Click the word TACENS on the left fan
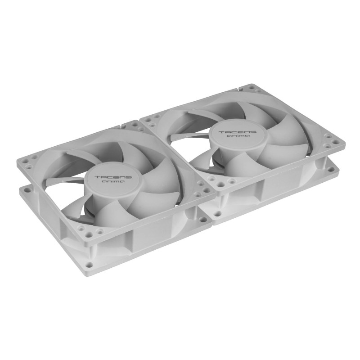(x=113, y=177)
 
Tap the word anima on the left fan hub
(x=113, y=182)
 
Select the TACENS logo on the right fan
(x=238, y=132)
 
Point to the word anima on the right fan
(x=238, y=136)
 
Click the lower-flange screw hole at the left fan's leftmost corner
(x=27, y=190)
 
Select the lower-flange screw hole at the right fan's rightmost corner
(x=331, y=169)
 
